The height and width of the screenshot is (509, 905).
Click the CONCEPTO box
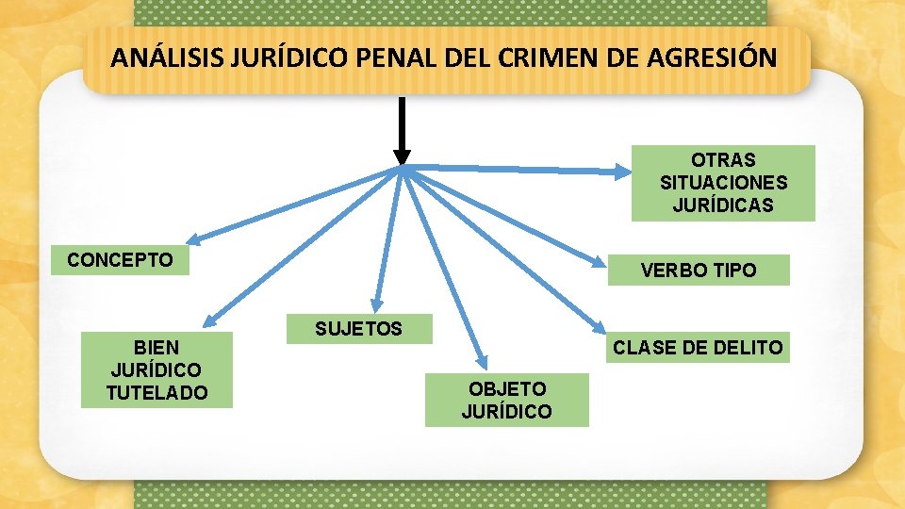120,260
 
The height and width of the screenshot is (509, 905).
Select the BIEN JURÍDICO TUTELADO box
156,369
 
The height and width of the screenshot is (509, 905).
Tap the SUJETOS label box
358,329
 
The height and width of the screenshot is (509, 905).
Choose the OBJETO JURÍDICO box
506,400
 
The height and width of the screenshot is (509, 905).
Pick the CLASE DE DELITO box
697,347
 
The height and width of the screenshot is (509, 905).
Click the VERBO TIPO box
698,271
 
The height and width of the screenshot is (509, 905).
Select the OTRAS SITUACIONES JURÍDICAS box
723,183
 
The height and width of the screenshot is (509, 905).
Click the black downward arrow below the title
402,131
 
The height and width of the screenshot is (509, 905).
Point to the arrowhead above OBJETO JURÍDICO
483,363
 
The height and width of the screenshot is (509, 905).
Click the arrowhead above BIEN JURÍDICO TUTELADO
211,321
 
